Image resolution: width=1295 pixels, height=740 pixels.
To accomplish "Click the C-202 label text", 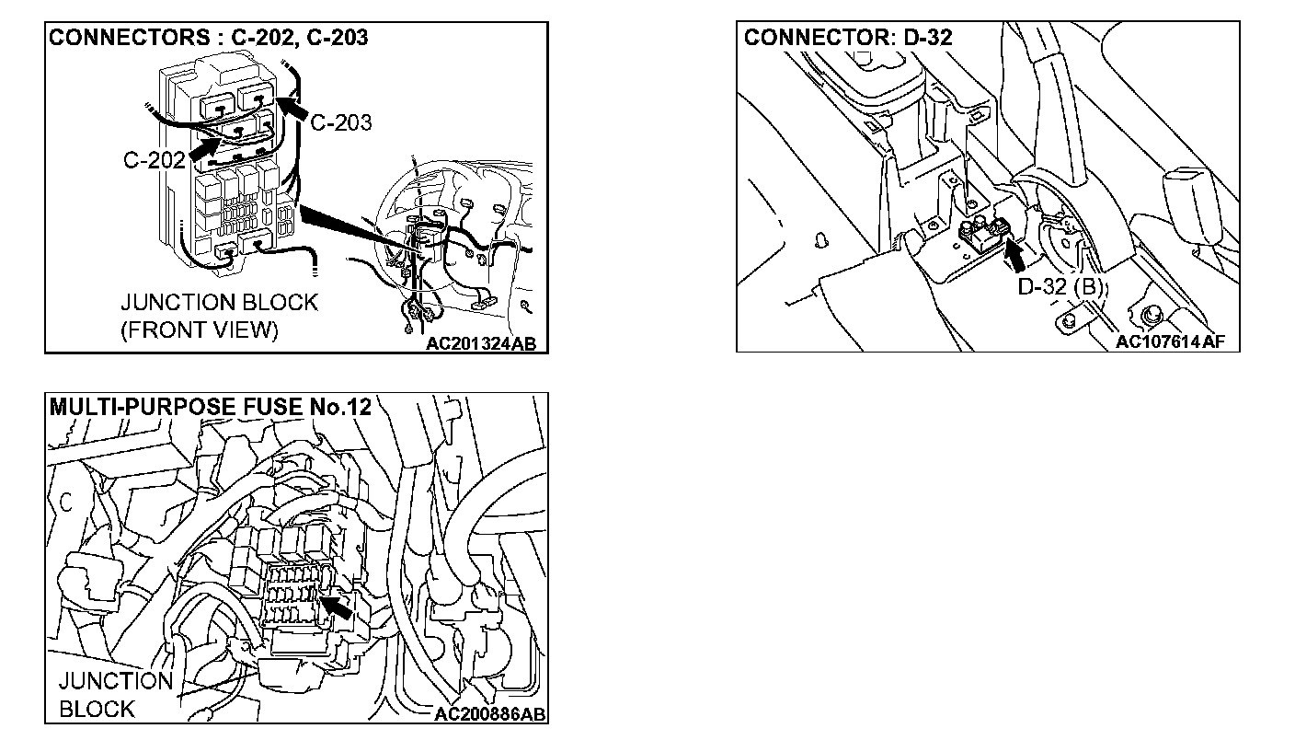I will [153, 160].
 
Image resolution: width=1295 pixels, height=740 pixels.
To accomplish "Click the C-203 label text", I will [340, 121].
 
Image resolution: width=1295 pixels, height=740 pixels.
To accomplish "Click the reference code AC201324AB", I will [480, 344].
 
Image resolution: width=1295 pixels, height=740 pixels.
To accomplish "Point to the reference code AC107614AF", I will [1171, 342].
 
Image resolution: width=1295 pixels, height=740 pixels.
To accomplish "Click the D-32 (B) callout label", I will [1060, 286].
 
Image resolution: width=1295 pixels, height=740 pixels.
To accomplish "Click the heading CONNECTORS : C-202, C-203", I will [208, 38].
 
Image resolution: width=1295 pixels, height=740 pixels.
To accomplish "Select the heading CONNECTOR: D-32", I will [848, 38].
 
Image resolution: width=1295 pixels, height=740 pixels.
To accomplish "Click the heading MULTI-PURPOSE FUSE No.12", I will [210, 407].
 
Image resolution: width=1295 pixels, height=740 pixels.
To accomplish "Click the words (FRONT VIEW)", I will [199, 330].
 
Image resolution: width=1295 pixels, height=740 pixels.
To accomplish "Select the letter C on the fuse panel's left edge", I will [66, 502].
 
